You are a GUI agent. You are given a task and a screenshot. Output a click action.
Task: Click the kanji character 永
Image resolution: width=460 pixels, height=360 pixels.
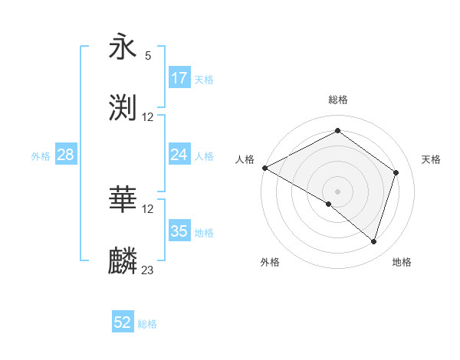pyautogui.click(x=123, y=47)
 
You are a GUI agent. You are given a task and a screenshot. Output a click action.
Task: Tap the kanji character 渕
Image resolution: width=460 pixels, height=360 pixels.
pyautogui.click(x=123, y=108)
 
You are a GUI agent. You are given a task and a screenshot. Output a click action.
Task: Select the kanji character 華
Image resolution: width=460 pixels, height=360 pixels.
pyautogui.click(x=123, y=201)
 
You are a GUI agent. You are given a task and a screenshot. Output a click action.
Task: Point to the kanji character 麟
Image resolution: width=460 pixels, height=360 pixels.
pyautogui.click(x=123, y=261)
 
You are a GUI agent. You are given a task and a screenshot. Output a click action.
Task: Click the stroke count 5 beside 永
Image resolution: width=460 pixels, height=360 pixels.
pyautogui.click(x=148, y=56)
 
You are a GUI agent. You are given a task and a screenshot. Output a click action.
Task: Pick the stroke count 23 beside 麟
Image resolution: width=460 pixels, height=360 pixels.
pyautogui.click(x=148, y=270)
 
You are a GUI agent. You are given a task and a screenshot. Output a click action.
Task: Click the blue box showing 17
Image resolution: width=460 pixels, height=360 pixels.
pyautogui.click(x=179, y=78)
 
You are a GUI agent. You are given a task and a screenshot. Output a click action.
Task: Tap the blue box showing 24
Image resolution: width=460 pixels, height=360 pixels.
pyautogui.click(x=179, y=155)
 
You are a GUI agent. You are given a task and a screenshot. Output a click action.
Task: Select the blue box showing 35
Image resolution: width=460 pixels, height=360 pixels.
pyautogui.click(x=179, y=231)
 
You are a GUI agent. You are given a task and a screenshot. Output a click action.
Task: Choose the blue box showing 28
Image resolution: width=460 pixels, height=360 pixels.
pyautogui.click(x=66, y=155)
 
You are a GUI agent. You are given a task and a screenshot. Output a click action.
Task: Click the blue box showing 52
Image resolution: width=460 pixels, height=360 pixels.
pyautogui.click(x=123, y=323)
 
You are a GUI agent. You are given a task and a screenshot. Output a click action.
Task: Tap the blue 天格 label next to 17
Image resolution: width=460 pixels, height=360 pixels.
pyautogui.click(x=204, y=79)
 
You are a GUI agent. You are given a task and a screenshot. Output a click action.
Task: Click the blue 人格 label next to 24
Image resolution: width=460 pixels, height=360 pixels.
pyautogui.click(x=204, y=155)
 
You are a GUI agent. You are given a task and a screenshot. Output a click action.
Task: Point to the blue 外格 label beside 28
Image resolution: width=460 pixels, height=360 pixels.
pyautogui.click(x=41, y=155)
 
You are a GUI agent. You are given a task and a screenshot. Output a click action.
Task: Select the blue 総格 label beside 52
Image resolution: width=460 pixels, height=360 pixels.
pyautogui.click(x=147, y=324)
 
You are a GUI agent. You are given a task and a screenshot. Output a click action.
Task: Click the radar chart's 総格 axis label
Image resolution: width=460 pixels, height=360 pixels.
pyautogui.click(x=338, y=100)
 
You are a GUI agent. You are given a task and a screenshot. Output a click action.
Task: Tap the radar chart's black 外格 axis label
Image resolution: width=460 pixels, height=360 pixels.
pyautogui.click(x=270, y=262)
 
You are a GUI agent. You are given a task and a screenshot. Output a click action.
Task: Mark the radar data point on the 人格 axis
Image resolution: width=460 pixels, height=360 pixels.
pyautogui.click(x=264, y=168)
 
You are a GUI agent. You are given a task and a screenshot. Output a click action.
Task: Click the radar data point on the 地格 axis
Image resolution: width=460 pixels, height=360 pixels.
pyautogui.click(x=373, y=241)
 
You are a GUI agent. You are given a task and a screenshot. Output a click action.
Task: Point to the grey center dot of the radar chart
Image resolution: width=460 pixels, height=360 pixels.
pyautogui.click(x=338, y=191)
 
